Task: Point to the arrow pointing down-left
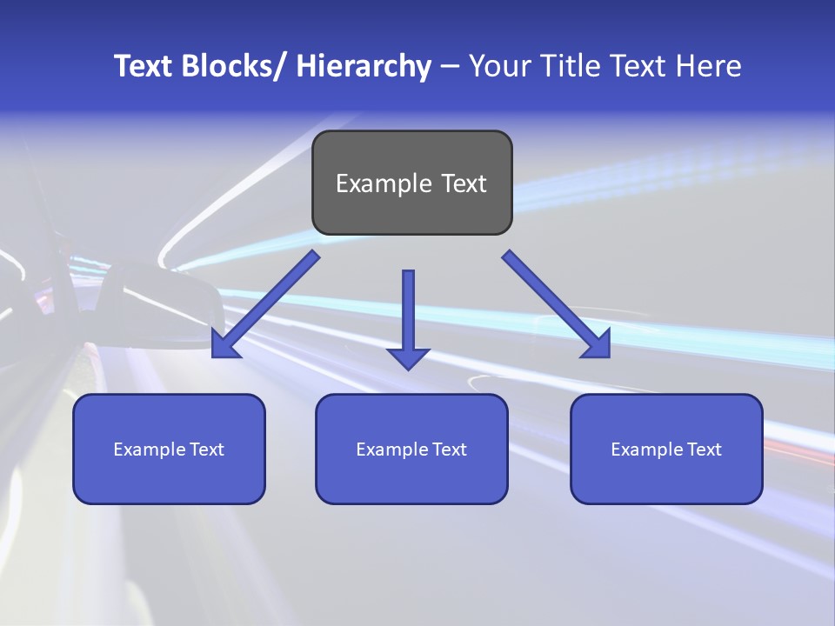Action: [x=265, y=304]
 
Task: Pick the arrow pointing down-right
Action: [x=557, y=304]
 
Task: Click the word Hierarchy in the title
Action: [x=364, y=66]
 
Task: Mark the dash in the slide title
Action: [x=450, y=66]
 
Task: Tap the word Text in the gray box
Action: [x=463, y=183]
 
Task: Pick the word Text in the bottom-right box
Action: [x=704, y=450]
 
